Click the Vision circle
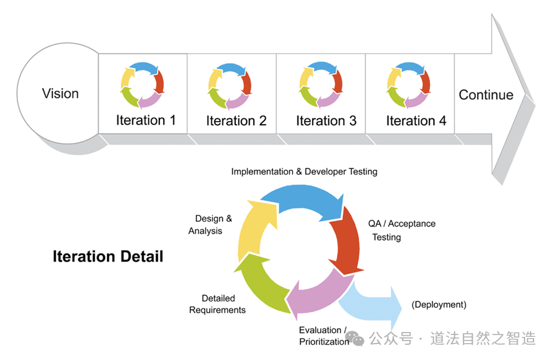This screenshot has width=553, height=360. [x=60, y=94]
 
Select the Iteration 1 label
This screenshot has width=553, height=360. [x=145, y=120]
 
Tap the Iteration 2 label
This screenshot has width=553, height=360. [x=236, y=120]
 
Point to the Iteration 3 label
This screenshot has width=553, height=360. [x=326, y=120]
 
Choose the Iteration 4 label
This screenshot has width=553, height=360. [x=416, y=120]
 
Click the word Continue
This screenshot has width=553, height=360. [x=485, y=95]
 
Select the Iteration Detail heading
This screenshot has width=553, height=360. [x=108, y=257]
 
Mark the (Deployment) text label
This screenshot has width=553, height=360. [x=439, y=304]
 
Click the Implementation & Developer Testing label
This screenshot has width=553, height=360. [x=304, y=171]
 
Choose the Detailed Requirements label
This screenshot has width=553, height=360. [x=217, y=304]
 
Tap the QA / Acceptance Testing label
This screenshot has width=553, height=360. [x=401, y=230]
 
